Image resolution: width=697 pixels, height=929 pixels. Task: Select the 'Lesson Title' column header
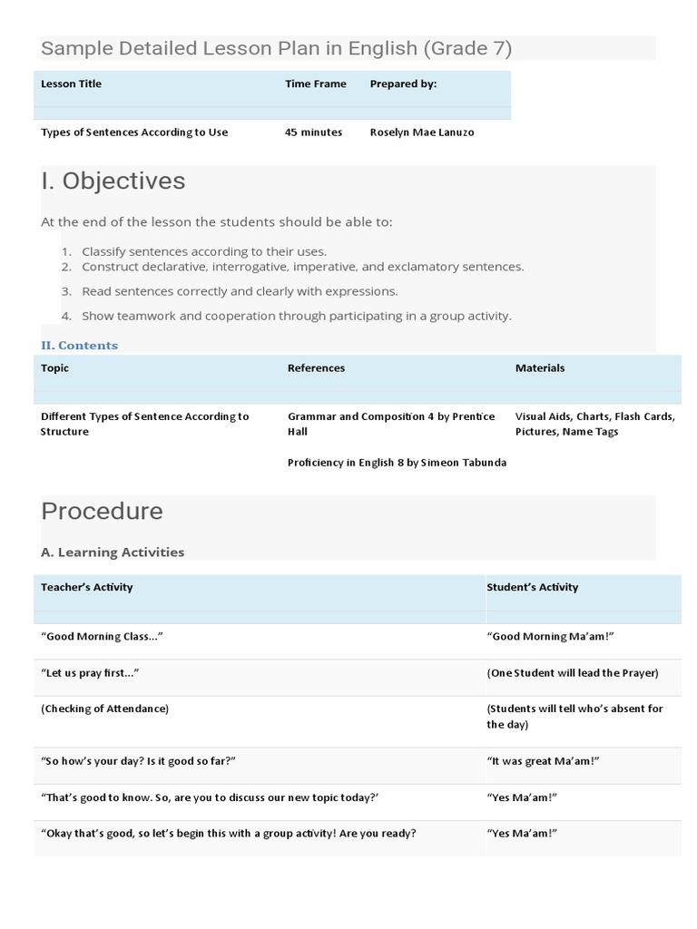(x=71, y=83)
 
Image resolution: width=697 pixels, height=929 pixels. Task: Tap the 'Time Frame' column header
(x=315, y=83)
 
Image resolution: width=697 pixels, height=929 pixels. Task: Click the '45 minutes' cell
(x=313, y=132)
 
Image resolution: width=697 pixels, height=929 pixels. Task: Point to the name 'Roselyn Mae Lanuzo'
(x=421, y=132)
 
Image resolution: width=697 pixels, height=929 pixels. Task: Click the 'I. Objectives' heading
(x=113, y=181)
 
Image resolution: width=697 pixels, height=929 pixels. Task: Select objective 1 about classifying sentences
(x=203, y=251)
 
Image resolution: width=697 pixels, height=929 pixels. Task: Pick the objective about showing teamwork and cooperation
(x=296, y=316)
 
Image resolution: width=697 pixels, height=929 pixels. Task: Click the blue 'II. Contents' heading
(x=79, y=346)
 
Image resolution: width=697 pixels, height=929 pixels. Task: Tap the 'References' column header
(x=316, y=368)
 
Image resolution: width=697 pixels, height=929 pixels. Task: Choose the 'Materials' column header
(x=539, y=368)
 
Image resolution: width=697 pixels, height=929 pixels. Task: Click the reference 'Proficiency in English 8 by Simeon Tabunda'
(x=397, y=463)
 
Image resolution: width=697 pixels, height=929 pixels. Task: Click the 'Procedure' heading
(x=102, y=511)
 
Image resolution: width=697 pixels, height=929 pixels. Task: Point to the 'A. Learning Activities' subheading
(x=113, y=552)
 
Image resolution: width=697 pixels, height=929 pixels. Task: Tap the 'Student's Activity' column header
(x=532, y=587)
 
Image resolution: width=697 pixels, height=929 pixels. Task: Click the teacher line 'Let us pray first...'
(x=90, y=673)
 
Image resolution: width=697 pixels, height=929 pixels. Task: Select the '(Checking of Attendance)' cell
(x=104, y=709)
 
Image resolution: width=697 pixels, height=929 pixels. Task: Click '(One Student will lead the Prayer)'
(x=572, y=673)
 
